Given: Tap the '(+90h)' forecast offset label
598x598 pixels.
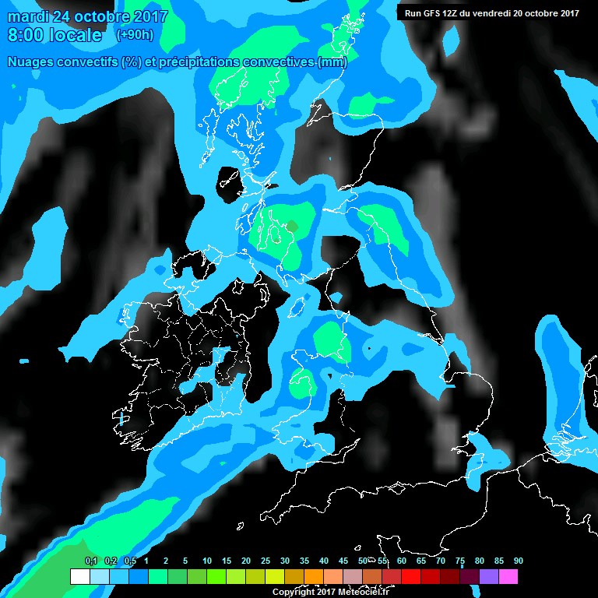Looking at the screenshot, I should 134,35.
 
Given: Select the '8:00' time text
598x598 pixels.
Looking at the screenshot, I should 23,35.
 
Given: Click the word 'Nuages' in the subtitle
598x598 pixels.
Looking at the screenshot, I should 33,62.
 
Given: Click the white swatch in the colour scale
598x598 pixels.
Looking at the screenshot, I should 79,577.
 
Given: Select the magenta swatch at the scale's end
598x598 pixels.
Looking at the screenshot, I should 508,577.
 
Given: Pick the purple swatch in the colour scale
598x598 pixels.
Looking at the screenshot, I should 489,577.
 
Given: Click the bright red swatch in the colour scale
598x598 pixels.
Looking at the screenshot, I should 411,577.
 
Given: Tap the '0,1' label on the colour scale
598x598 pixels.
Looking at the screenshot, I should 90,561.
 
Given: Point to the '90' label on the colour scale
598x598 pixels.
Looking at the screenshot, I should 519,561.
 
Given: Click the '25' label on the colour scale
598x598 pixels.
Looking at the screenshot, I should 266,561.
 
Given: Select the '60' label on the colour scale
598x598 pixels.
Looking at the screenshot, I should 402,561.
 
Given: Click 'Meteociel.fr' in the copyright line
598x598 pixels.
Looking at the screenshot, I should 364,593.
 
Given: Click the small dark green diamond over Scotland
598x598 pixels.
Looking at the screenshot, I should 292,226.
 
